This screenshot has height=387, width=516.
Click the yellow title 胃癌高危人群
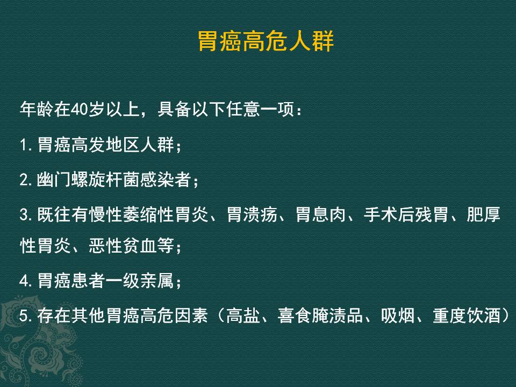[x=266, y=41]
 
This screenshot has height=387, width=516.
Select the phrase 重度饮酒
[x=466, y=316]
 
